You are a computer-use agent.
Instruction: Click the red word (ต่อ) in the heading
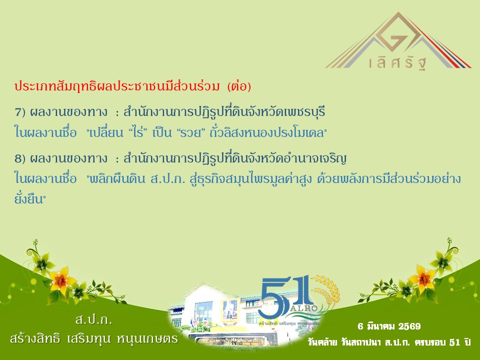pos(238,86)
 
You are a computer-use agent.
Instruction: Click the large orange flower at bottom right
pos(420,275)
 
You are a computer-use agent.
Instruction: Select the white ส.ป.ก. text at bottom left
pos(93,319)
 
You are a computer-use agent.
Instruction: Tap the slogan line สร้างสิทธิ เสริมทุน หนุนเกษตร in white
pos(93,338)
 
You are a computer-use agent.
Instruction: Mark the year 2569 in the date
pos(409,326)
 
